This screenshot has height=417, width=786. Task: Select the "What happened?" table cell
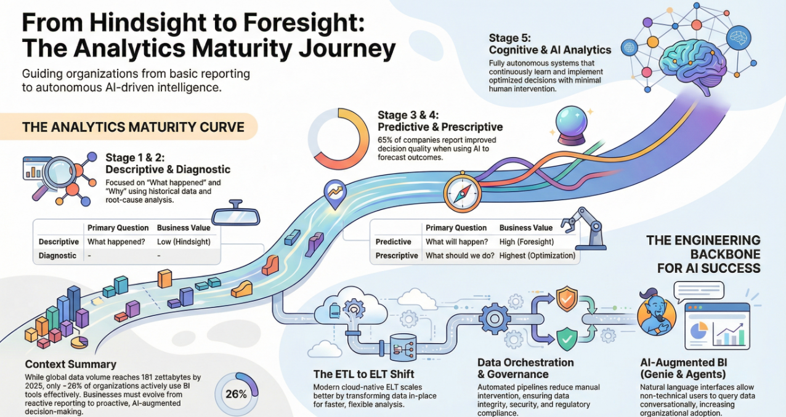[115, 242]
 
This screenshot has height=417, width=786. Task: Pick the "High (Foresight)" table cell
[527, 242]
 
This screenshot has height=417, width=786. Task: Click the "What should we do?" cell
[460, 256]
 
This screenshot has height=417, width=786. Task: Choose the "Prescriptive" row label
[397, 256]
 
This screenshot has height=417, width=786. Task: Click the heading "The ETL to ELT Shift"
[363, 374]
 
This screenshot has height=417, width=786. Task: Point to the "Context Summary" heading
[71, 364]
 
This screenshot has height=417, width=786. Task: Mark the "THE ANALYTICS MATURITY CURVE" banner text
[133, 128]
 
